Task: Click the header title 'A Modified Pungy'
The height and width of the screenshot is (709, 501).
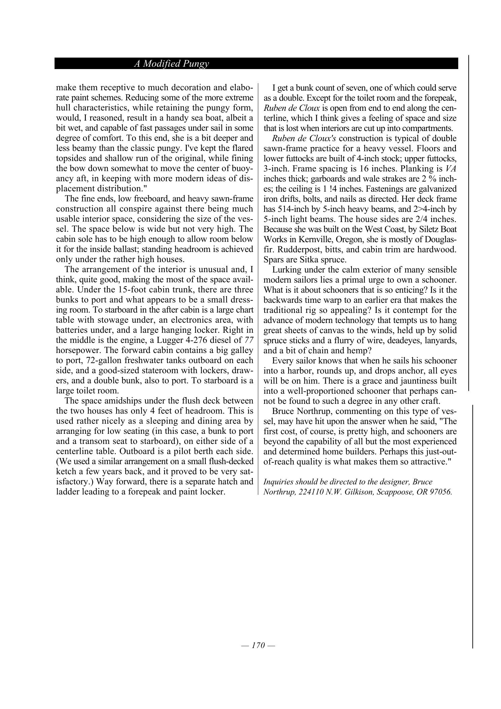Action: pos(171,64)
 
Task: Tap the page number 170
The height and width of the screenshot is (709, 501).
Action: pos(258,645)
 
